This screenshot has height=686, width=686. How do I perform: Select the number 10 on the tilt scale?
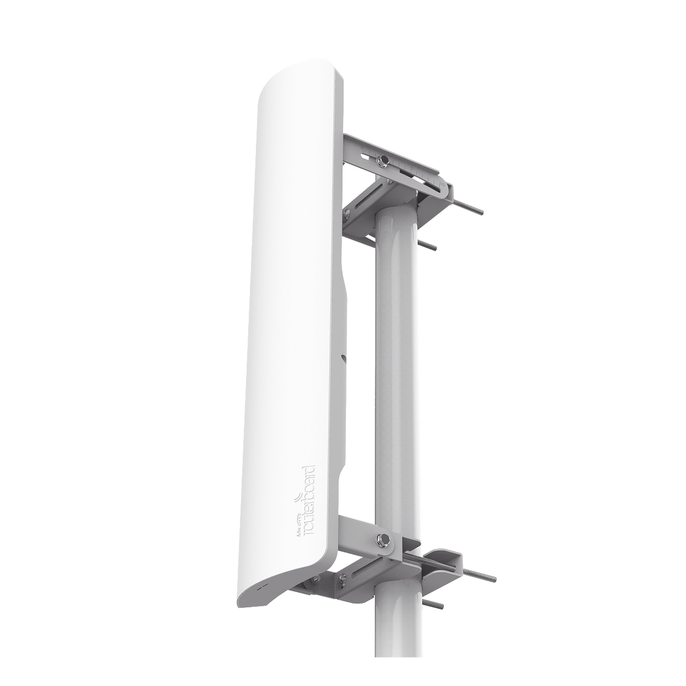coord(443,185)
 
